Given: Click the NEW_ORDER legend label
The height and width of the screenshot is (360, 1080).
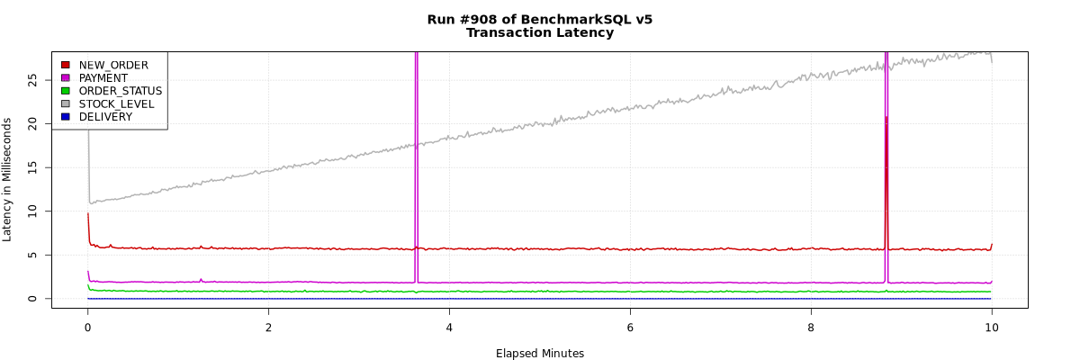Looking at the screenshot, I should [113, 65].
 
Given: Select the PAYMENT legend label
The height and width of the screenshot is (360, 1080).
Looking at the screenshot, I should [103, 78].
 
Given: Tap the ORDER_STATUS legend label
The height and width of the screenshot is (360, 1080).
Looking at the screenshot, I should [121, 91].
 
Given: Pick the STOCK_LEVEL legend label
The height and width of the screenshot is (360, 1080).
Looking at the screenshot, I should [116, 103].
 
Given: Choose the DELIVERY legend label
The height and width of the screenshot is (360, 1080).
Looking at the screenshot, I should [105, 117].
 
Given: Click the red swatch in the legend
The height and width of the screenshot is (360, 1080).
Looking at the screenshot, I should [65, 65].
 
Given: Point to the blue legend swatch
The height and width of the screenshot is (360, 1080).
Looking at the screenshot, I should [65, 117].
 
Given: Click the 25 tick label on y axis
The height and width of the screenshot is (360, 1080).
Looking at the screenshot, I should [33, 79].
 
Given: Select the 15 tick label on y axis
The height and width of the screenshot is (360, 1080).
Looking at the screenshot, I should [33, 166].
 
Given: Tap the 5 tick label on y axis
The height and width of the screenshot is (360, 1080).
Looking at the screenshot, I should [33, 255].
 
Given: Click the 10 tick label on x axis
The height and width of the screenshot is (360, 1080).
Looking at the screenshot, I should [992, 328].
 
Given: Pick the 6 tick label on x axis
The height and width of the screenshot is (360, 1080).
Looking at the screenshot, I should [630, 328].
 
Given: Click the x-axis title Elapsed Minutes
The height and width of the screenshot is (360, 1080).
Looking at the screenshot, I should [540, 354].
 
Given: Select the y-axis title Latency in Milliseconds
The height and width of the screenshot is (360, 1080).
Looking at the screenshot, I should [8, 180].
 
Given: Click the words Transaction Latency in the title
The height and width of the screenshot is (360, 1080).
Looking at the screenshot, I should [540, 33].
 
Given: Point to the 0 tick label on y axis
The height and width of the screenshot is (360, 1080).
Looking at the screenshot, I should [33, 299].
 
